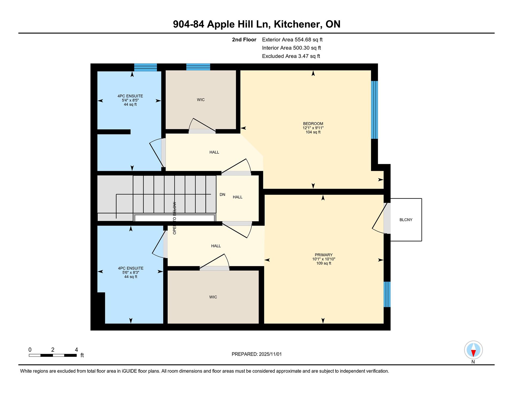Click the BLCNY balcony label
click(x=406, y=220)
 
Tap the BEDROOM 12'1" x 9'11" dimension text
click(x=313, y=128)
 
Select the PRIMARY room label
click(x=324, y=255)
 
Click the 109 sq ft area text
click(x=324, y=264)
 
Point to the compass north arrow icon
click(x=473, y=350)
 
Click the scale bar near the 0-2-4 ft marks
click(x=53, y=355)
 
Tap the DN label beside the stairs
click(x=222, y=194)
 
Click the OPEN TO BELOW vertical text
click(x=174, y=218)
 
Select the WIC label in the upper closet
click(x=201, y=100)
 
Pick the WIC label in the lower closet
click(x=213, y=297)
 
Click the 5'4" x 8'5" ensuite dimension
click(x=130, y=100)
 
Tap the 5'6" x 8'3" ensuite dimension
click(x=131, y=273)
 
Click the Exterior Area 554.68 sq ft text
click(x=292, y=40)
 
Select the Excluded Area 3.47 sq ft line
click(x=291, y=56)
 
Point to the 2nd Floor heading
click(x=244, y=40)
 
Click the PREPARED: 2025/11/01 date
click(x=256, y=354)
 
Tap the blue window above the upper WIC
click(x=198, y=67)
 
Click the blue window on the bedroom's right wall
click(x=375, y=110)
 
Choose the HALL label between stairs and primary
click(x=238, y=197)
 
